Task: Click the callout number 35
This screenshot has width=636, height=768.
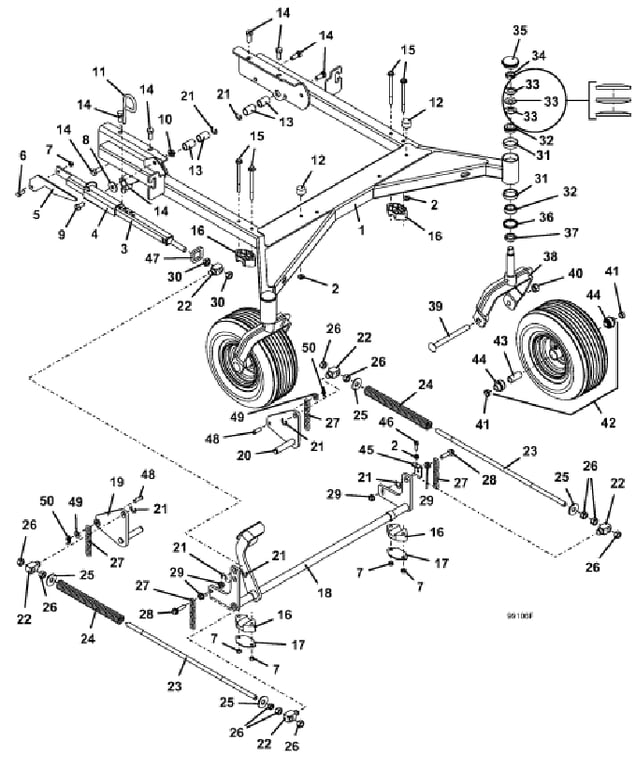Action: click(x=520, y=30)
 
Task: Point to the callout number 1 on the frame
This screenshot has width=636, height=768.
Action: click(x=362, y=229)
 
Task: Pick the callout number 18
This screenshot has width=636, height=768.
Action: click(x=324, y=593)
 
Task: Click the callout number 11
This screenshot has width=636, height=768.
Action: click(x=99, y=72)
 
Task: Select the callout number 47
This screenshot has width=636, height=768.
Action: click(x=152, y=258)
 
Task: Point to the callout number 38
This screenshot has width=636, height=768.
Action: click(x=550, y=257)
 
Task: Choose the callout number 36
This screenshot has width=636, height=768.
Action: click(x=546, y=217)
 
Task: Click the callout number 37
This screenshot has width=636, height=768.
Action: click(x=571, y=233)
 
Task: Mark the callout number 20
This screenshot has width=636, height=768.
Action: click(x=243, y=456)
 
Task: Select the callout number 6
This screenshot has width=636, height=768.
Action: click(x=22, y=156)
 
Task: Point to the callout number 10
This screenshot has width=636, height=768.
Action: click(x=165, y=120)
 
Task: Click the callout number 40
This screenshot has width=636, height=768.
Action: click(x=575, y=273)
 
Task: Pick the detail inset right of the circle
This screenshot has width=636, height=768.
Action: click(x=609, y=101)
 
